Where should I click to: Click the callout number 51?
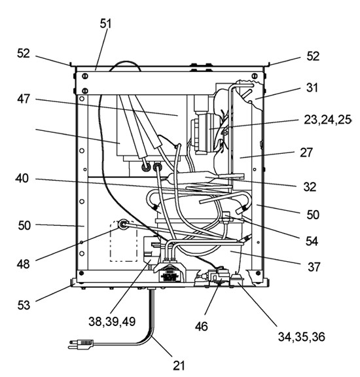point(106,24)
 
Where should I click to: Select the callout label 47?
point(24,99)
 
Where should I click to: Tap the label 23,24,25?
point(327,120)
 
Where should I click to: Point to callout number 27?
point(306,153)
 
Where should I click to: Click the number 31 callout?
point(312,88)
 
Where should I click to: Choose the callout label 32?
point(310,187)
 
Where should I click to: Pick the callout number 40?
point(22,179)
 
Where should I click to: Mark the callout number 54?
point(312,241)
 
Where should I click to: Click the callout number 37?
point(314,267)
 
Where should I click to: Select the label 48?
point(24,264)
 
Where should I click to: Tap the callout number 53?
point(24,305)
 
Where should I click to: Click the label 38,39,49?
point(112,321)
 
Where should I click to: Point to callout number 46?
point(202,326)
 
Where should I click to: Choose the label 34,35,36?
point(302,336)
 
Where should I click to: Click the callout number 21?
point(179,366)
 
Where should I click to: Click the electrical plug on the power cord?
point(81,344)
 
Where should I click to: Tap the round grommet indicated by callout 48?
point(123,224)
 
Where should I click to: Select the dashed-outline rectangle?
point(124,241)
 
